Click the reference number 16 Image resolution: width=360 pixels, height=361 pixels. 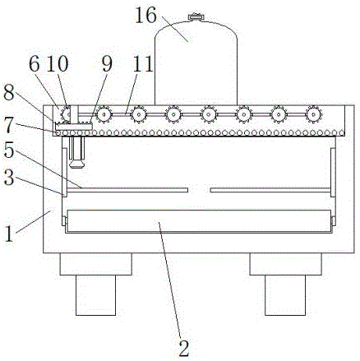tap(145, 15)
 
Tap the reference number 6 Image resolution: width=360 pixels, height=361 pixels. tap(35, 64)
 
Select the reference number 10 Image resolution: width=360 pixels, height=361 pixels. tap(57, 64)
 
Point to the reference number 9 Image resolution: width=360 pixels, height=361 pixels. tap(107, 64)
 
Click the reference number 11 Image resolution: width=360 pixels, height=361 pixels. tap(142, 64)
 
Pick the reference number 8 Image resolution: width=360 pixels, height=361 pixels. tap(8, 94)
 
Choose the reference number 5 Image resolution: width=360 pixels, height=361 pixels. tap(8, 150)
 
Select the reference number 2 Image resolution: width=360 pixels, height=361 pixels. tap(184, 348)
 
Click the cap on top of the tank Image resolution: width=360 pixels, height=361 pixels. tap(196, 16)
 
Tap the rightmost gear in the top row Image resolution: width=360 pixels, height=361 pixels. tap(313, 113)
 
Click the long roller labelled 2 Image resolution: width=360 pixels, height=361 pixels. tap(199, 221)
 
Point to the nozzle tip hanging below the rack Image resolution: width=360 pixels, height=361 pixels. tap(77, 164)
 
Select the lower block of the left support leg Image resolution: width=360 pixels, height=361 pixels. tap(95, 295)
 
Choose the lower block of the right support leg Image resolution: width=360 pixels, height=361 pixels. tap(285, 295)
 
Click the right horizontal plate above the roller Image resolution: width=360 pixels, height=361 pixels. tap(270, 190)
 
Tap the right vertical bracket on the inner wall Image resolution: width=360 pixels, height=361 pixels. tap(333, 172)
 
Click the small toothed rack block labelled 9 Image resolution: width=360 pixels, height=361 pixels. tap(74, 126)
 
